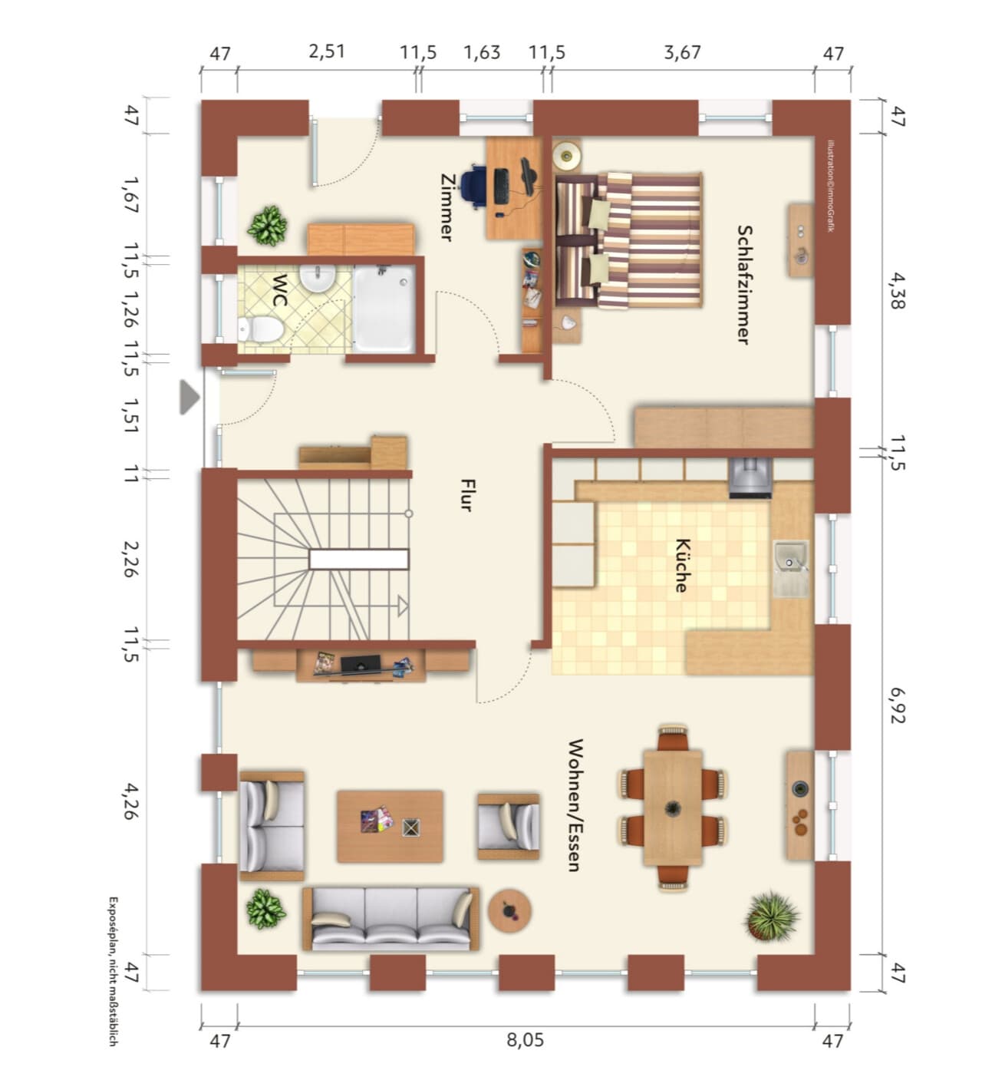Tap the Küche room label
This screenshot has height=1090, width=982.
[x=682, y=565]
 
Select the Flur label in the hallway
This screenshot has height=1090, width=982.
[x=466, y=495]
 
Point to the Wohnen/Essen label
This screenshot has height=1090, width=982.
[x=575, y=804]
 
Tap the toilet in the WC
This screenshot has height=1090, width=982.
[x=260, y=329]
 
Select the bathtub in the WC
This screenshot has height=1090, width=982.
[x=384, y=309]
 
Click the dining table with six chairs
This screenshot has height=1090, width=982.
[x=673, y=808]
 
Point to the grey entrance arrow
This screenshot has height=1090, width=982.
[x=189, y=397]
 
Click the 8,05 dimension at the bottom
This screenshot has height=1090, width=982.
[x=526, y=1040]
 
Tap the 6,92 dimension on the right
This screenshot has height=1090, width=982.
[x=898, y=705]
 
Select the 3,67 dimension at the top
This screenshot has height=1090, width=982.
[x=683, y=52]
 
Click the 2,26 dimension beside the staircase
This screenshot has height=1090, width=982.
[x=131, y=559]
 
